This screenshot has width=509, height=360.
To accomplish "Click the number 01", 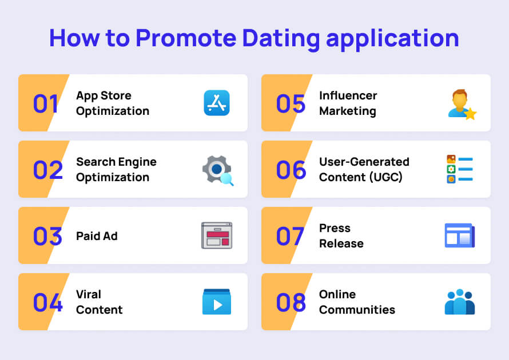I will (x=46, y=103).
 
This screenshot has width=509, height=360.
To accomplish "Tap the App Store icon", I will (x=216, y=103).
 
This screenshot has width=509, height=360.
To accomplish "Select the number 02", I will (x=47, y=170).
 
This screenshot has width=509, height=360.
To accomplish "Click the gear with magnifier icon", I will (x=217, y=170).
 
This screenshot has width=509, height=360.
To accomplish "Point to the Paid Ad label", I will (x=97, y=236).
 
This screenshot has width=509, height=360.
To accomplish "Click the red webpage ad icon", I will (x=217, y=235).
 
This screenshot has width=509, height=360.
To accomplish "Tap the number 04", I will (x=47, y=302).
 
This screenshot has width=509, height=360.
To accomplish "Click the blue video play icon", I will (x=217, y=302).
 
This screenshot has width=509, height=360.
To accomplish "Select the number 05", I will (x=291, y=103).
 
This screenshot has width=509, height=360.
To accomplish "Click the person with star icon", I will (x=461, y=104).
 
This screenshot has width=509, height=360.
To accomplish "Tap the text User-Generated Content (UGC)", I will (x=364, y=170).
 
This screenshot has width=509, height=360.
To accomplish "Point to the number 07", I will (x=290, y=236).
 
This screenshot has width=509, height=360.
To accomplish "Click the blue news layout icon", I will (x=459, y=235).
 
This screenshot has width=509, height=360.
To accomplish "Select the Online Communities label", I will (x=357, y=302).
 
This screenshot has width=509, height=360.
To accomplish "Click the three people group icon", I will (x=459, y=302).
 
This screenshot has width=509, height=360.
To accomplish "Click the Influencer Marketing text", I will (x=348, y=103).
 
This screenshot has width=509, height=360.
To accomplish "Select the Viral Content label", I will (x=99, y=302).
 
